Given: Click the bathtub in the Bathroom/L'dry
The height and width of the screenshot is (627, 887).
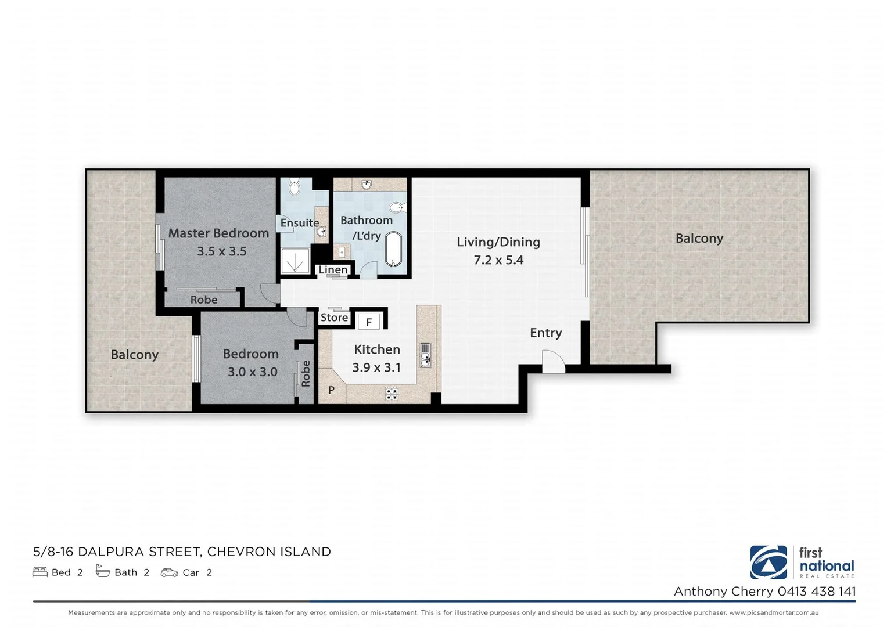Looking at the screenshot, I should pos(393,250).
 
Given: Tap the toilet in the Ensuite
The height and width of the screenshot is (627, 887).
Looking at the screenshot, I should pos(294,187).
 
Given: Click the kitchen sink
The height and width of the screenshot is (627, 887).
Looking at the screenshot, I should pos(426,354).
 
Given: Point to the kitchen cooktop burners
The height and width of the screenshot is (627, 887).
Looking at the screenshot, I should pos(392,394).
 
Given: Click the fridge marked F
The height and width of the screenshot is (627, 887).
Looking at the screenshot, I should pos(368,322).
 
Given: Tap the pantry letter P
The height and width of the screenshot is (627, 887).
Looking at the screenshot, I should pos(331,390).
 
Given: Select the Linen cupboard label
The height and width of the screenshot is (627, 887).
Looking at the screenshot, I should pos(333,270).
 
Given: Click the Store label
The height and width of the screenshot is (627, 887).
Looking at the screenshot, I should pos(334,318).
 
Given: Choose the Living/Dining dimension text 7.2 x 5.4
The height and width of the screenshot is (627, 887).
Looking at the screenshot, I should pos(498,260).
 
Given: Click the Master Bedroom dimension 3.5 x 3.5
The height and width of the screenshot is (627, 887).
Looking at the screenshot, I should pos(221,251).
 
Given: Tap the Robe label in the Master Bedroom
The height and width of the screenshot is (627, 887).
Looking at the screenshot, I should pos(204,300).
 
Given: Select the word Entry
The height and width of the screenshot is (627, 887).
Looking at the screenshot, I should pos(545,333).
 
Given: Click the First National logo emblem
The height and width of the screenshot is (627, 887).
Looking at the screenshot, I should pos(768,562).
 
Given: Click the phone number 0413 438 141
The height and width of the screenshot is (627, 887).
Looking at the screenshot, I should pos(816,591).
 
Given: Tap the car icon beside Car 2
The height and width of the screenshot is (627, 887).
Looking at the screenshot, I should pos(169,572).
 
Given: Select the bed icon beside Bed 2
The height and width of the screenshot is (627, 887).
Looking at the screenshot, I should pos(40,572).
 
